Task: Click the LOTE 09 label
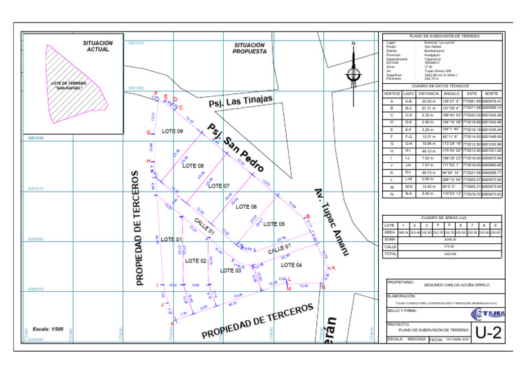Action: [x=172, y=131]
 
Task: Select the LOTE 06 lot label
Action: [x=246, y=207]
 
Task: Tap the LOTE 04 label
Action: [x=292, y=264]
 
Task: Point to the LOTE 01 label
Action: [x=171, y=239]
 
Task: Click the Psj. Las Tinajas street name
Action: [x=240, y=102]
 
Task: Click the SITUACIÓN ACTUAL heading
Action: [x=98, y=46]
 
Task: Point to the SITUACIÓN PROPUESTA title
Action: [x=249, y=48]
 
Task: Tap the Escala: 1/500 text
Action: [x=48, y=329]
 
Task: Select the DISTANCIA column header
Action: [x=428, y=93]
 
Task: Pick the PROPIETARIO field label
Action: [x=400, y=282]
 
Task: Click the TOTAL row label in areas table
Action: [x=390, y=254]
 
